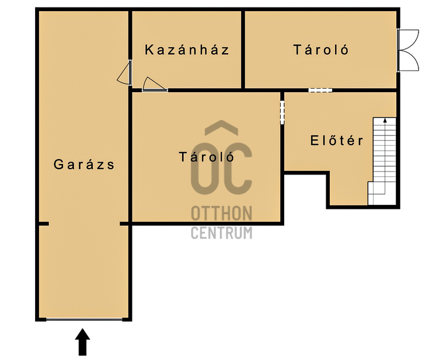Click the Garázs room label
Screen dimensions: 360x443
click(84, 165)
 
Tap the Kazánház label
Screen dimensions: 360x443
click(187, 50)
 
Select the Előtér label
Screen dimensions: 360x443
click(337, 141)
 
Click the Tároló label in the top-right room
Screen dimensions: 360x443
click(321, 50)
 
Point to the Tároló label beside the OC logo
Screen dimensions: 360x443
click(207, 157)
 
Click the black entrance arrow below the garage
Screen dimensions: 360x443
click(83, 342)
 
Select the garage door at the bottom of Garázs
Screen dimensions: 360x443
click(84, 319)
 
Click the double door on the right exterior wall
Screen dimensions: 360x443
click(407, 50)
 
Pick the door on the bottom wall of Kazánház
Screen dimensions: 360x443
click(154, 86)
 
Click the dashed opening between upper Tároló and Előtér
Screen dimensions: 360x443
click(320, 90)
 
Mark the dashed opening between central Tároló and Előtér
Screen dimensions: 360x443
click(282, 112)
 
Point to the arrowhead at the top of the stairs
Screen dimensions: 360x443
click(385, 121)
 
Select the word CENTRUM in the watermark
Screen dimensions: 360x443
click(222, 232)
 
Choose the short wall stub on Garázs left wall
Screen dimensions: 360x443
click(43, 223)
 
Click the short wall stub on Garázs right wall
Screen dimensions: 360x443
click(124, 223)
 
